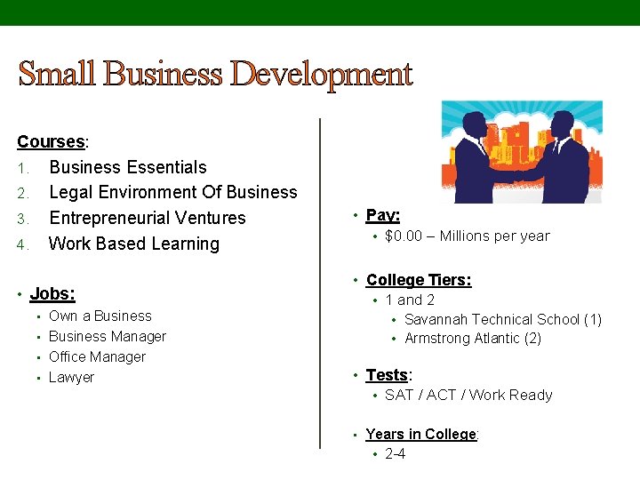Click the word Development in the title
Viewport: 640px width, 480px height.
point(321,75)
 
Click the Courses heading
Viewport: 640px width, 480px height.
point(51,142)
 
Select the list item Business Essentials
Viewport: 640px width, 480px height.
point(127,167)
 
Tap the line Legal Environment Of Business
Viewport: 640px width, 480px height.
point(172,192)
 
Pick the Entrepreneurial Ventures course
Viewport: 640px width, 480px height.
point(147,218)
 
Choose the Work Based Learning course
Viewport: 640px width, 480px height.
point(133,244)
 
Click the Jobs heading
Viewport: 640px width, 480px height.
point(52,293)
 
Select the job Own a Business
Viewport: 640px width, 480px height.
point(100,316)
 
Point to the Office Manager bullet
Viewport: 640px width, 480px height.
point(97,356)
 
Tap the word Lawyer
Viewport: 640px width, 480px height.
point(71,377)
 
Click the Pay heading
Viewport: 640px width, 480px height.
point(382,215)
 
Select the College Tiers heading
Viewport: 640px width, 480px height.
point(418,280)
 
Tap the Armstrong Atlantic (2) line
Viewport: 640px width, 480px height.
point(472,338)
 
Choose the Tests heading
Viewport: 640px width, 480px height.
point(388,375)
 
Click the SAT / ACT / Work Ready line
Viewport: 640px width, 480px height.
point(468,395)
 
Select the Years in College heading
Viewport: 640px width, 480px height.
point(421,434)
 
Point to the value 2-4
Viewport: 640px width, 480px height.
point(395,453)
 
